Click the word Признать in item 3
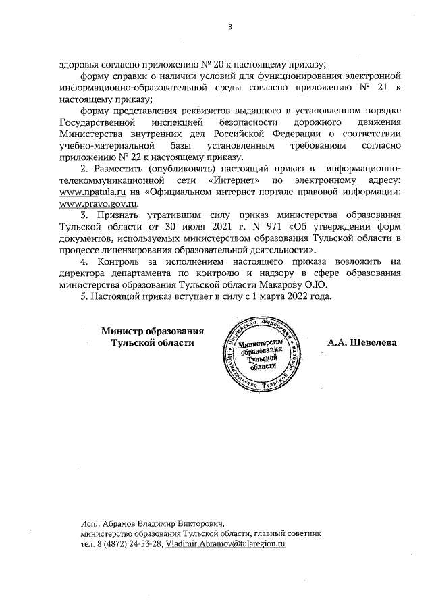coord(119,215)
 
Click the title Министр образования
coord(153,330)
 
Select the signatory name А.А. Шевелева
coord(362,342)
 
